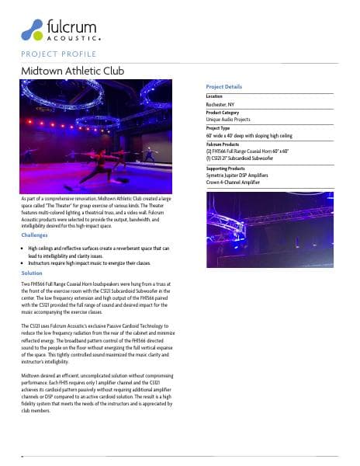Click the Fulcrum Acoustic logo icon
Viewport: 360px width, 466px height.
pos(34,30)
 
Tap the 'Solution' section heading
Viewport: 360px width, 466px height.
pos(32,273)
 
